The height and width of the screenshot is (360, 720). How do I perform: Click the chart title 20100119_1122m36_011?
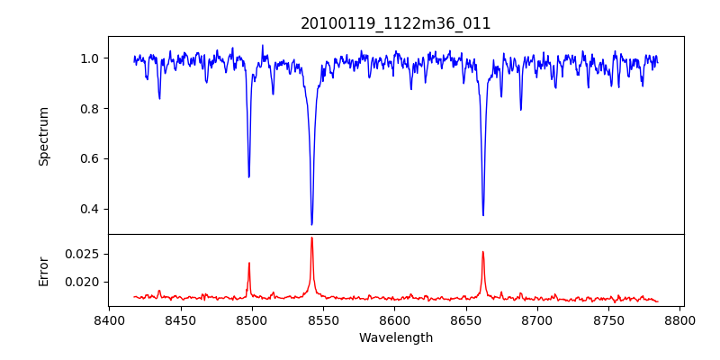pyautogui.click(x=396, y=23)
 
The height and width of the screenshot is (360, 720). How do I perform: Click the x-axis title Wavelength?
pyautogui.click(x=396, y=337)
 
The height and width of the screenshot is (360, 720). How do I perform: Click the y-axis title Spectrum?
pyautogui.click(x=43, y=136)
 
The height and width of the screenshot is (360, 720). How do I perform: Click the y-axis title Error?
pyautogui.click(x=43, y=270)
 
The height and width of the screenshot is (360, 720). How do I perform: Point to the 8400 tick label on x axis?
pyautogui.click(x=109, y=320)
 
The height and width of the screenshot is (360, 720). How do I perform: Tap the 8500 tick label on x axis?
pyautogui.click(x=252, y=320)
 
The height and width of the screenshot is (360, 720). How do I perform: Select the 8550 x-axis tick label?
pyautogui.click(x=323, y=320)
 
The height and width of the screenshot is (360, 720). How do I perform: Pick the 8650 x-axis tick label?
pyautogui.click(x=466, y=320)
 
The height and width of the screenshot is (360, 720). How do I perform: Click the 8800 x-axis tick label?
pyautogui.click(x=680, y=320)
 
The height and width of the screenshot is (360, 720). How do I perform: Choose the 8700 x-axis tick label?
pyautogui.click(x=537, y=320)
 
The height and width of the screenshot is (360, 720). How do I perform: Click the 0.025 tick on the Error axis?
pyautogui.click(x=85, y=254)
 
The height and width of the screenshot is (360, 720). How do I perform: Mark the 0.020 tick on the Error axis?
pyautogui.click(x=85, y=282)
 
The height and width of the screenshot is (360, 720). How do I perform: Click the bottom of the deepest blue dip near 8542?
pyautogui.click(x=311, y=224)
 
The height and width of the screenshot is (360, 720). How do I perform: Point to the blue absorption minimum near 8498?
pyautogui.click(x=249, y=176)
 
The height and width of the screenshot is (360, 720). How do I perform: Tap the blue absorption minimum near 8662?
pyautogui.click(x=483, y=215)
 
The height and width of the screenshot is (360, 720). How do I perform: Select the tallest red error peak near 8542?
pyautogui.click(x=311, y=238)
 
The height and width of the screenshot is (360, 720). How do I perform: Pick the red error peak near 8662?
pyautogui.click(x=483, y=252)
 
